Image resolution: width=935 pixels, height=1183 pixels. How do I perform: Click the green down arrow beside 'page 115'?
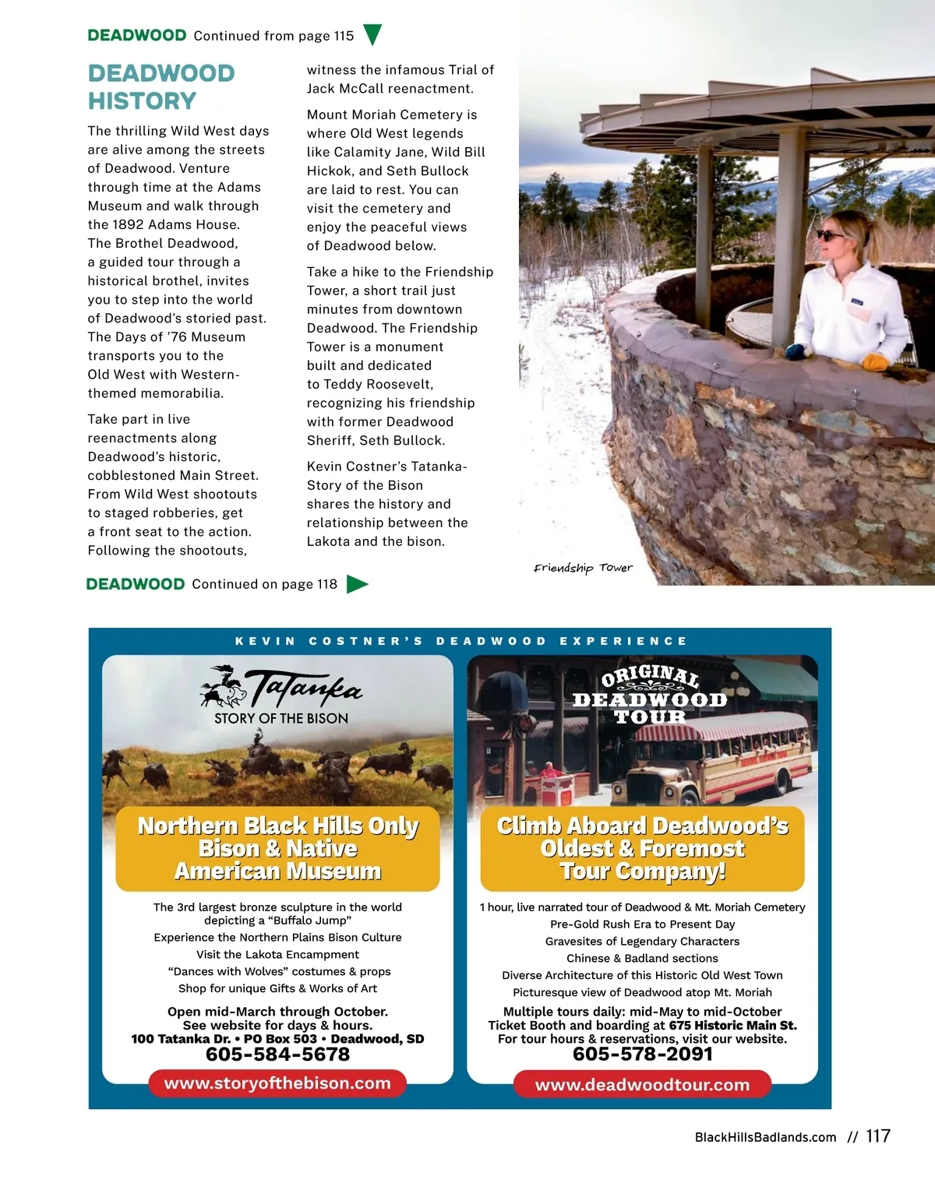coord(372,35)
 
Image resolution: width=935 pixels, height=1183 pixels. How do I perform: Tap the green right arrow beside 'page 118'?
coord(356,583)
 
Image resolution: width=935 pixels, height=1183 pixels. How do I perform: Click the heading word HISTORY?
coord(142,101)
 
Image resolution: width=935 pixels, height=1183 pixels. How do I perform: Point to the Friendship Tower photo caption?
coord(583,568)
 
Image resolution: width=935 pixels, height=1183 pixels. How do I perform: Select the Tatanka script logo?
coord(302,688)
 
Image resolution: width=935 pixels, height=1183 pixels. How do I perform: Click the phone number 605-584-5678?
coord(277,1054)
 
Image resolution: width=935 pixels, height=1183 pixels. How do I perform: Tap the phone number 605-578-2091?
coord(642,1054)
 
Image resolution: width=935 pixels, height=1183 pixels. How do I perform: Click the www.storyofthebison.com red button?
coord(277,1083)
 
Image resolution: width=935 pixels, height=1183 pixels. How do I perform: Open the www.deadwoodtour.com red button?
coord(642,1085)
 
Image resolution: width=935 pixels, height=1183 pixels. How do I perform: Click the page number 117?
coord(878,1136)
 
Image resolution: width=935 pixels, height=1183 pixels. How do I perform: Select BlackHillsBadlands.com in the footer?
coord(765,1137)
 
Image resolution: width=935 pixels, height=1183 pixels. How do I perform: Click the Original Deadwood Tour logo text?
coord(650,695)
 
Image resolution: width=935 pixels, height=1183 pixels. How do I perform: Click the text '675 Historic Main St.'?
coord(732,1026)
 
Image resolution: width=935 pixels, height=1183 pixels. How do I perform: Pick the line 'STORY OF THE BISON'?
coord(281,719)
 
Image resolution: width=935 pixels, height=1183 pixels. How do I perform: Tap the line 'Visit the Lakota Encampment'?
coord(277,955)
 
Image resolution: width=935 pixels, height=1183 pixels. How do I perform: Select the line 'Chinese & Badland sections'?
coord(642,959)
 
